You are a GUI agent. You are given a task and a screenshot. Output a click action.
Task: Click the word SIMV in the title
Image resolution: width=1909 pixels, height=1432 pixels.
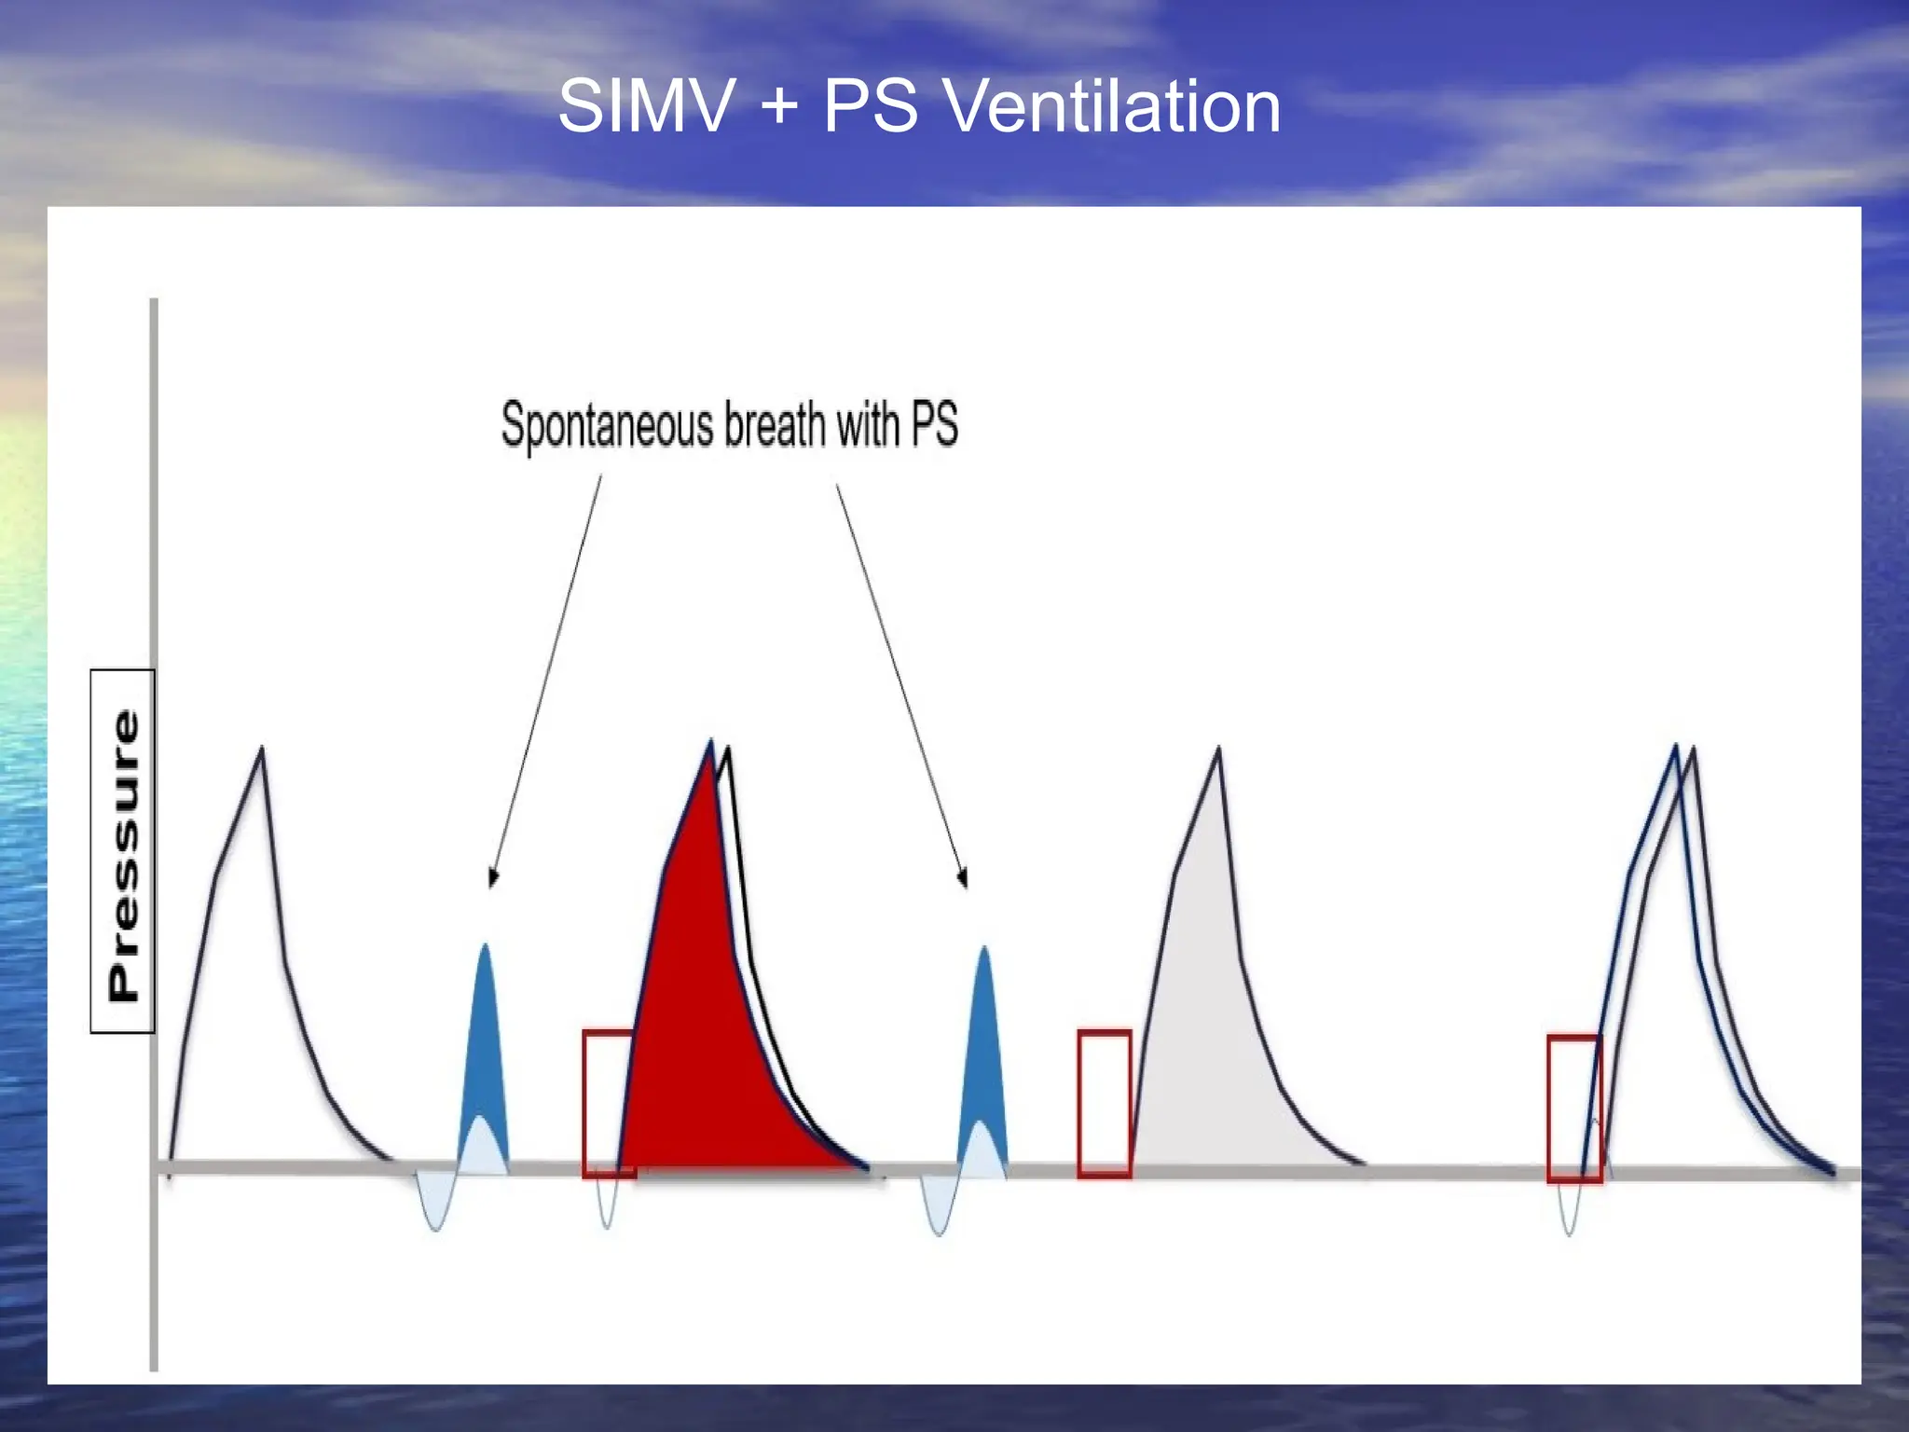coord(646,106)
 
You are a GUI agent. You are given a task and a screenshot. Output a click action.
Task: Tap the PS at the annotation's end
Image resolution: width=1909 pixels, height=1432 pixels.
coord(934,425)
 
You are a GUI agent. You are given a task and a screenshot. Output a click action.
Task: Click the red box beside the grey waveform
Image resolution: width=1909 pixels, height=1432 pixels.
coord(1105,1104)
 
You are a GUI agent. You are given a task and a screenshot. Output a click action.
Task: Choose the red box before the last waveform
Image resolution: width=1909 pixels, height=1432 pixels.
coord(1574,1108)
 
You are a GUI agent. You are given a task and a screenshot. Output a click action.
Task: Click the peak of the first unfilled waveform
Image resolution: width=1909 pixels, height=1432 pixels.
coord(262,750)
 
